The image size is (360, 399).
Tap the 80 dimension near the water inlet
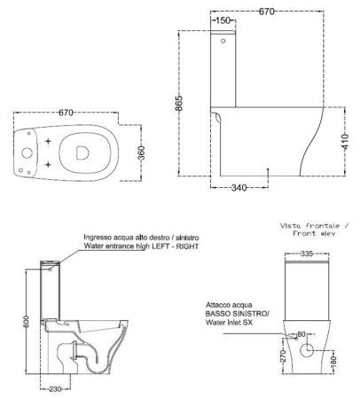coord(301,335)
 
